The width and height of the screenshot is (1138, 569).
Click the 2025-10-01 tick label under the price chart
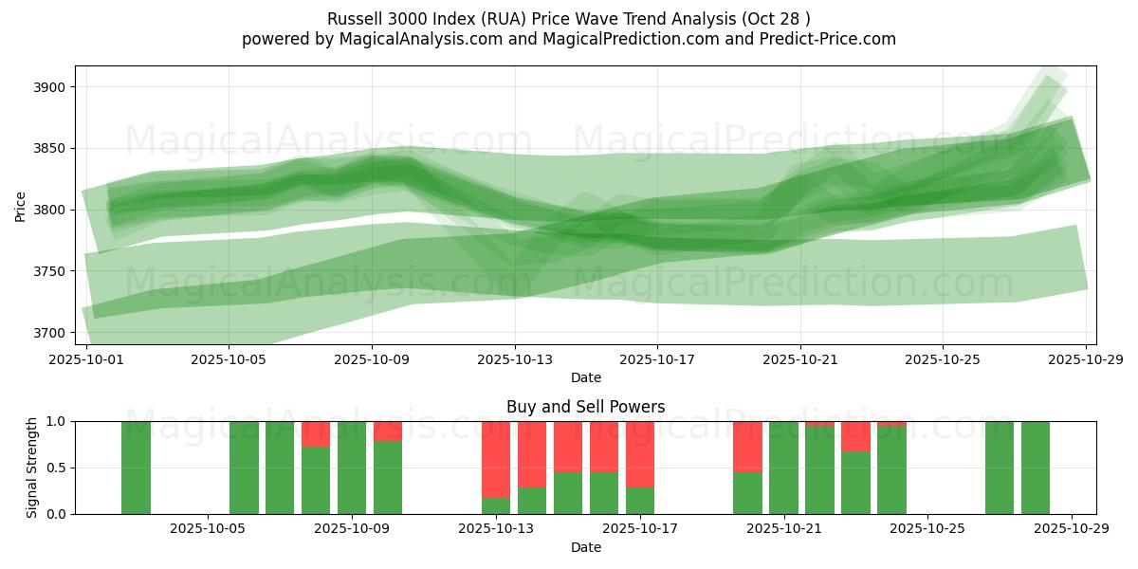(86, 359)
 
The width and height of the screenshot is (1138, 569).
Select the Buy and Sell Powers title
(585, 407)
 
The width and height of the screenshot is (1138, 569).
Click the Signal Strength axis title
(32, 468)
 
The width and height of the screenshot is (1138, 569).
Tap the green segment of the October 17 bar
(640, 501)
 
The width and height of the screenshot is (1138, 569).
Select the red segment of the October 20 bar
(747, 446)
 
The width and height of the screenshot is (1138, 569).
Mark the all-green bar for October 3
(136, 468)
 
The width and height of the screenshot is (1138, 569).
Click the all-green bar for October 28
(1036, 468)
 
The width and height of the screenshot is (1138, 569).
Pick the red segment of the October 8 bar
(316, 433)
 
